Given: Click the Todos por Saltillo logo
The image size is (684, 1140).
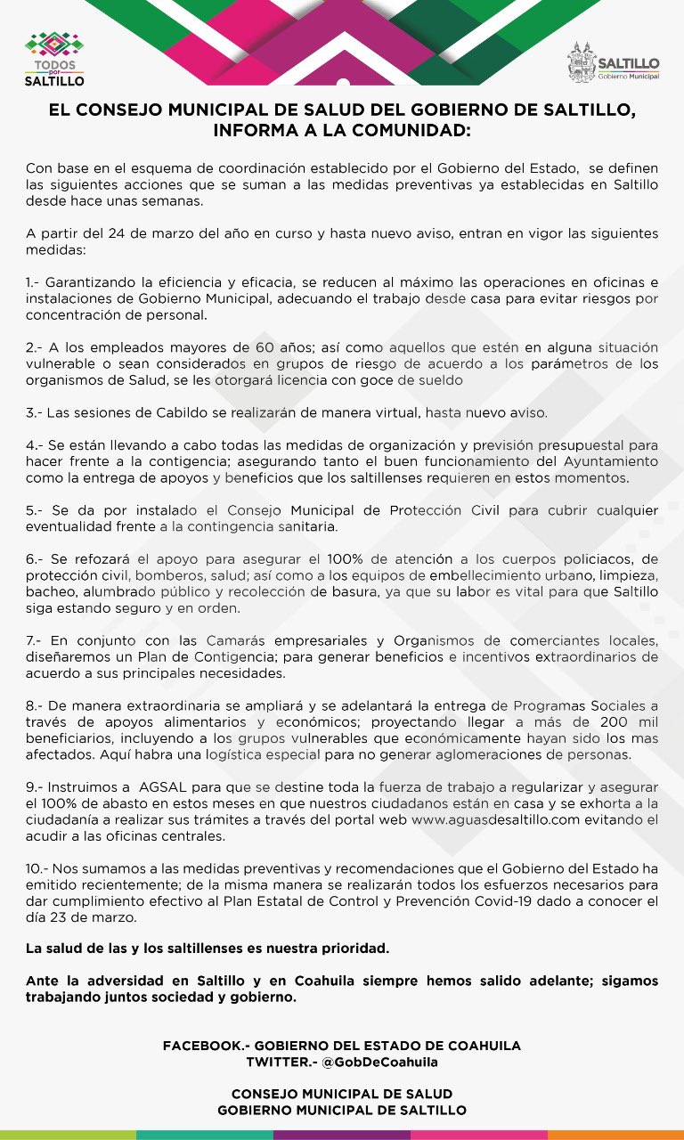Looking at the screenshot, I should [54, 59].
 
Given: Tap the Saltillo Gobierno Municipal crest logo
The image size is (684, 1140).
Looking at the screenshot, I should [614, 63].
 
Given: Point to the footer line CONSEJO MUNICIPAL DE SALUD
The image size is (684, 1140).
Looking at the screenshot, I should [342, 1094].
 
